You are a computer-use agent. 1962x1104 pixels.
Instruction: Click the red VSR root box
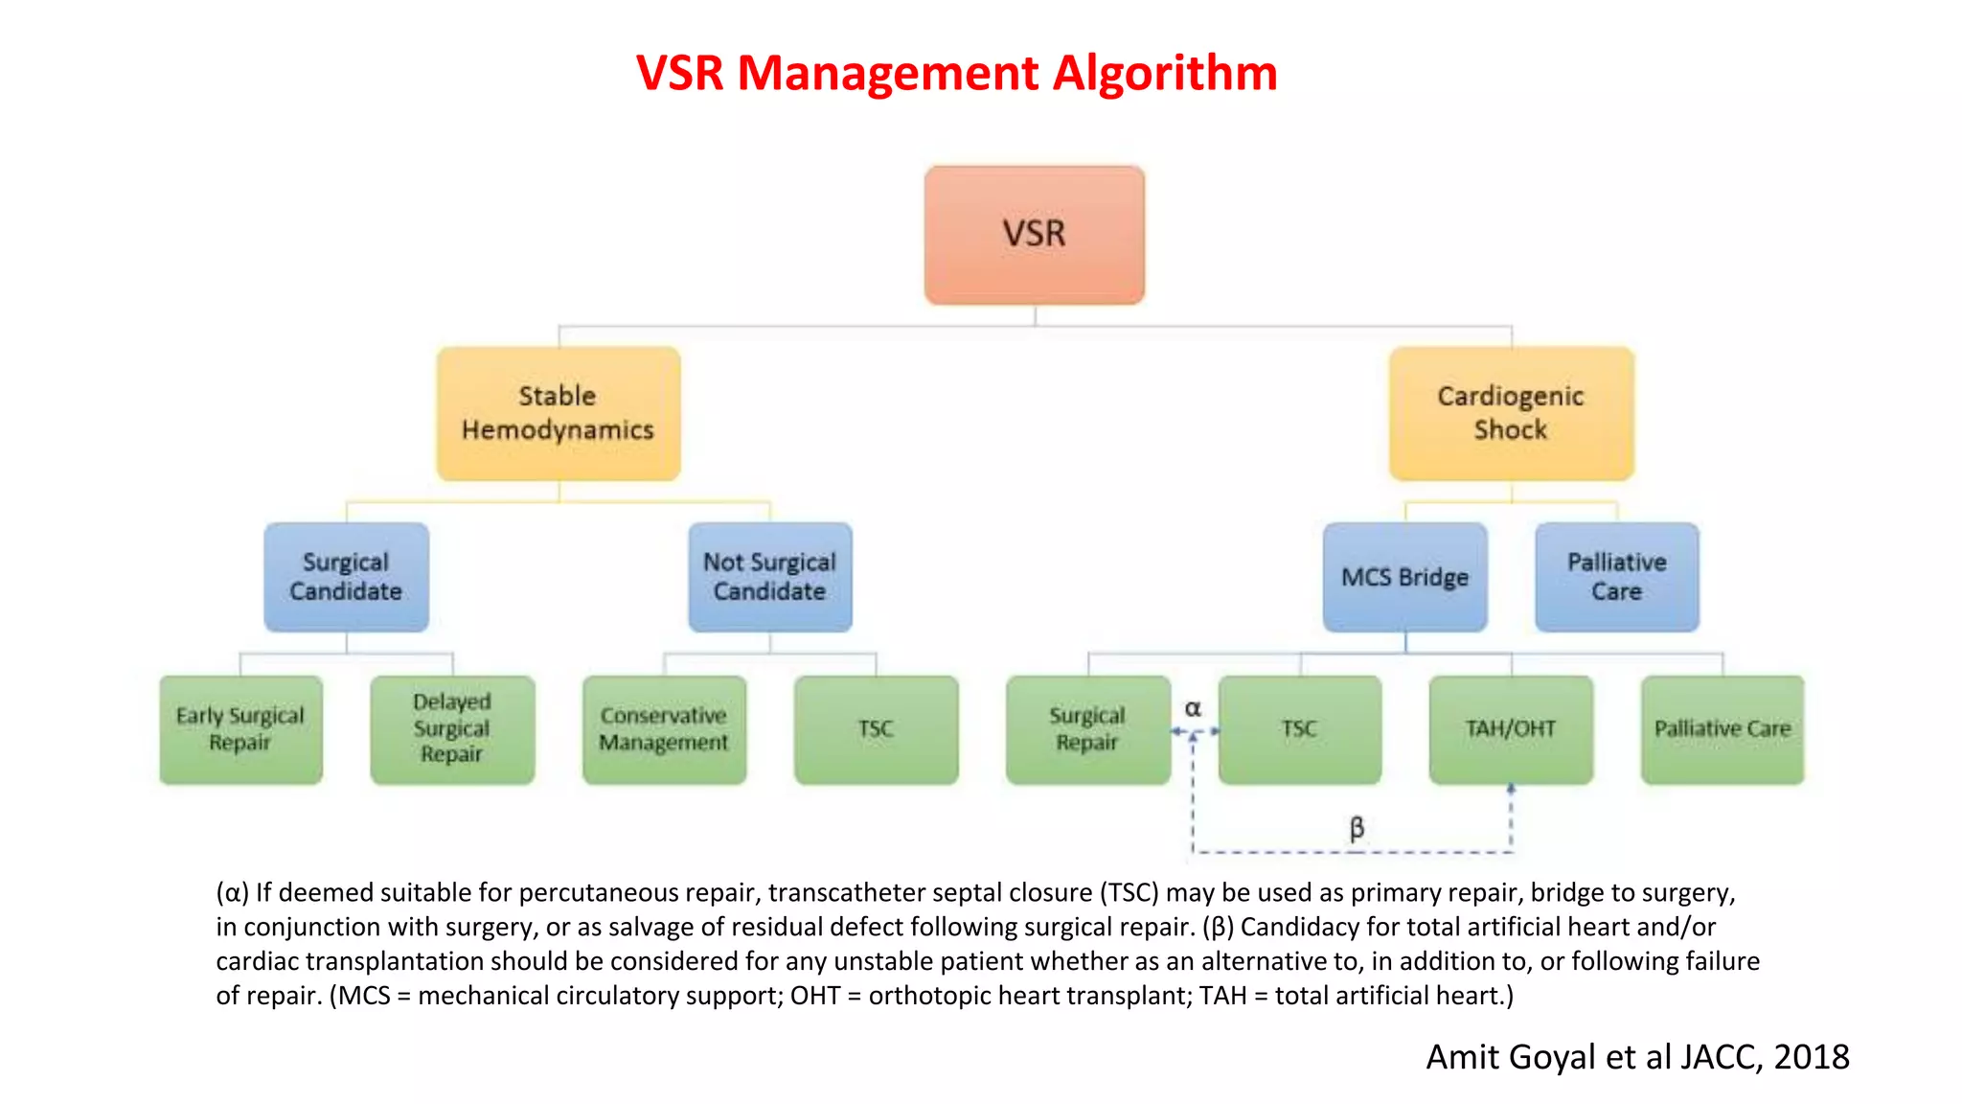click(1034, 235)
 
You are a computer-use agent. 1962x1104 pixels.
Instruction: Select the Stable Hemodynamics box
click(559, 413)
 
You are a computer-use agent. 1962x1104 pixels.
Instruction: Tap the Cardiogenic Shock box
click(1511, 413)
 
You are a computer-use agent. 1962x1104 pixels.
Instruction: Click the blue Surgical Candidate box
click(346, 577)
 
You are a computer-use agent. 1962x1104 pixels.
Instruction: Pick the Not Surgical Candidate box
click(769, 577)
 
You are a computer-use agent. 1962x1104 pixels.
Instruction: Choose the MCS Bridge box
click(1404, 577)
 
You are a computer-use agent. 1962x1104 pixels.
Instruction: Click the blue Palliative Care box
click(1616, 577)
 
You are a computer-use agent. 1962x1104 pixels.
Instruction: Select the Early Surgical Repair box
click(240, 729)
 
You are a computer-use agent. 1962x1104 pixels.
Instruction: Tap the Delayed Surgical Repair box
click(452, 729)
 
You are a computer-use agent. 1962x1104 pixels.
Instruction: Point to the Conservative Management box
click(664, 729)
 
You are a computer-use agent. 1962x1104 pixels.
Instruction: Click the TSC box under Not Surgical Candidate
click(876, 729)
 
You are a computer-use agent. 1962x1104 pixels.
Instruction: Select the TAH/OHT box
click(1511, 729)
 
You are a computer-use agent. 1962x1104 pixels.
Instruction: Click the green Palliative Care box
click(1722, 729)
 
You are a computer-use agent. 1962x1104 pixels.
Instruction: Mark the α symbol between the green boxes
click(1193, 708)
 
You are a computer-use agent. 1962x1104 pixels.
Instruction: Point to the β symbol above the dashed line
click(1357, 827)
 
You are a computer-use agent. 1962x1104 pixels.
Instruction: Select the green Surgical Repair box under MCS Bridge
click(1087, 729)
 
